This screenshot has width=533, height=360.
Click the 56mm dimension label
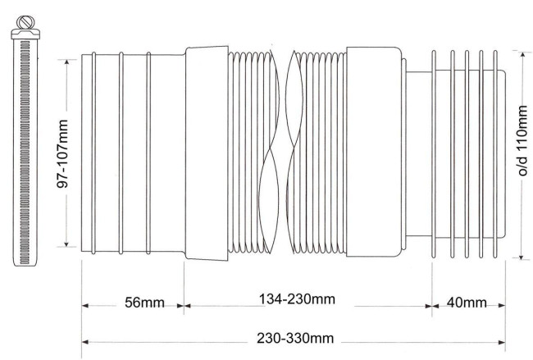point(144,303)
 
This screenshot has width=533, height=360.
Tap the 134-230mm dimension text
point(297,299)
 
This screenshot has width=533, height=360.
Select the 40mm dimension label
point(467,302)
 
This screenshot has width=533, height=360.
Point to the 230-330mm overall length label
point(295,338)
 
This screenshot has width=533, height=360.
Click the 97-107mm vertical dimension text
point(62,153)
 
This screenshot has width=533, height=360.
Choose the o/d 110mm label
point(522,140)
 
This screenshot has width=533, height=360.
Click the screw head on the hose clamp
point(25,22)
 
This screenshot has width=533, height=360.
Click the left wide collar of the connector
point(207,153)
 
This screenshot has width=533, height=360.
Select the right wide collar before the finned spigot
point(374,152)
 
